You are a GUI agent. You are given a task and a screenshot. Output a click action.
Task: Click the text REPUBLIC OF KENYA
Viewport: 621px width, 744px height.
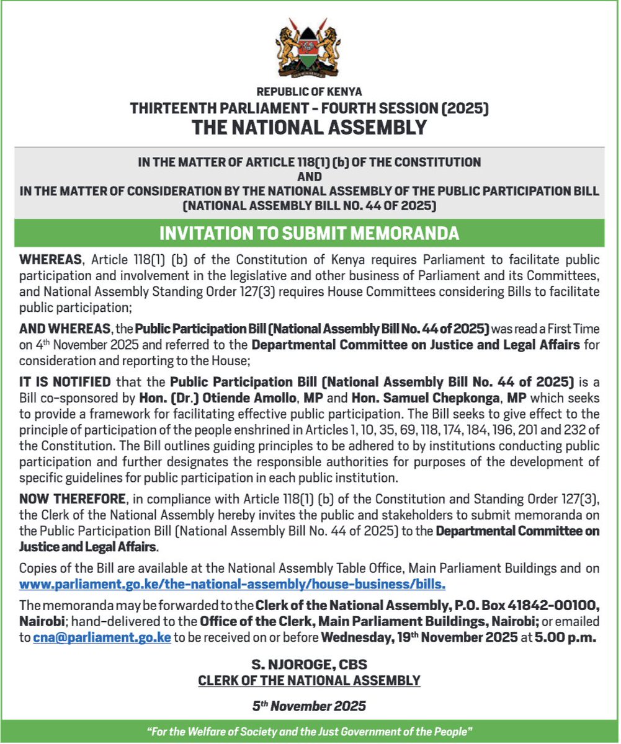(x=310, y=92)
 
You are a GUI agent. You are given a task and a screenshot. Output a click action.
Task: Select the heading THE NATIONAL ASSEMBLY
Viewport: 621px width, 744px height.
(x=310, y=127)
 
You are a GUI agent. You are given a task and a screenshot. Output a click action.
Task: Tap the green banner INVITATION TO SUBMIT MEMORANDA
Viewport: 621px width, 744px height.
(x=310, y=233)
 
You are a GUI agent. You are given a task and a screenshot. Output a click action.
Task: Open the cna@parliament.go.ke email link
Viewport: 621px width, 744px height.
(x=102, y=638)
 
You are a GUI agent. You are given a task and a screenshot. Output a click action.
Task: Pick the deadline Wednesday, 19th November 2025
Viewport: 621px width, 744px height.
(x=419, y=638)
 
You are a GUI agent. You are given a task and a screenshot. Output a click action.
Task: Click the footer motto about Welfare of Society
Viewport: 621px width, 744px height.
(x=310, y=732)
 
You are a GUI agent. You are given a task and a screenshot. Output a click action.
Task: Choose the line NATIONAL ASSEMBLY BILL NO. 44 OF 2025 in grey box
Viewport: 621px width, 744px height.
(x=310, y=205)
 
